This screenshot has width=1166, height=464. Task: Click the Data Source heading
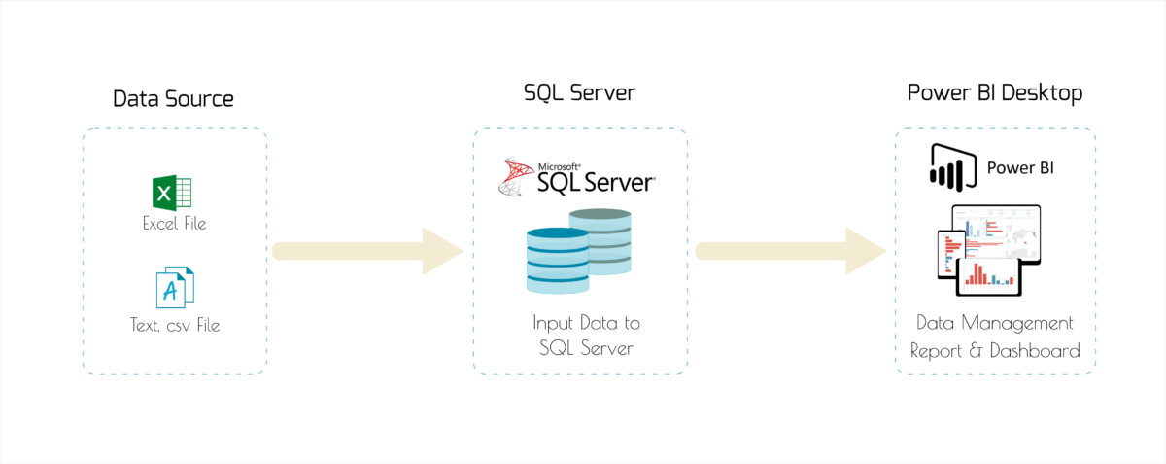pyautogui.click(x=173, y=98)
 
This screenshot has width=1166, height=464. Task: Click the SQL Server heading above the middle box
pyautogui.click(x=579, y=93)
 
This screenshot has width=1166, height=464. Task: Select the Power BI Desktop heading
pyautogui.click(x=995, y=93)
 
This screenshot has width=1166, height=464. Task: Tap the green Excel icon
pyautogui.click(x=175, y=193)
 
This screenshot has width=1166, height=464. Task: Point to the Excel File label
pyautogui.click(x=174, y=224)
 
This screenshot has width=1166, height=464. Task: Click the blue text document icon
pyautogui.click(x=175, y=287)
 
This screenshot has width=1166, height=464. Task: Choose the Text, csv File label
pyautogui.click(x=175, y=325)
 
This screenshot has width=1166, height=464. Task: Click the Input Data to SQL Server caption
pyautogui.click(x=586, y=335)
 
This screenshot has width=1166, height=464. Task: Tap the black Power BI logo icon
pyautogui.click(x=951, y=166)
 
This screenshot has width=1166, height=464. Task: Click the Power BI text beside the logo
pyautogui.click(x=1020, y=167)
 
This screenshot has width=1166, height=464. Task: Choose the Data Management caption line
pyautogui.click(x=996, y=322)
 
